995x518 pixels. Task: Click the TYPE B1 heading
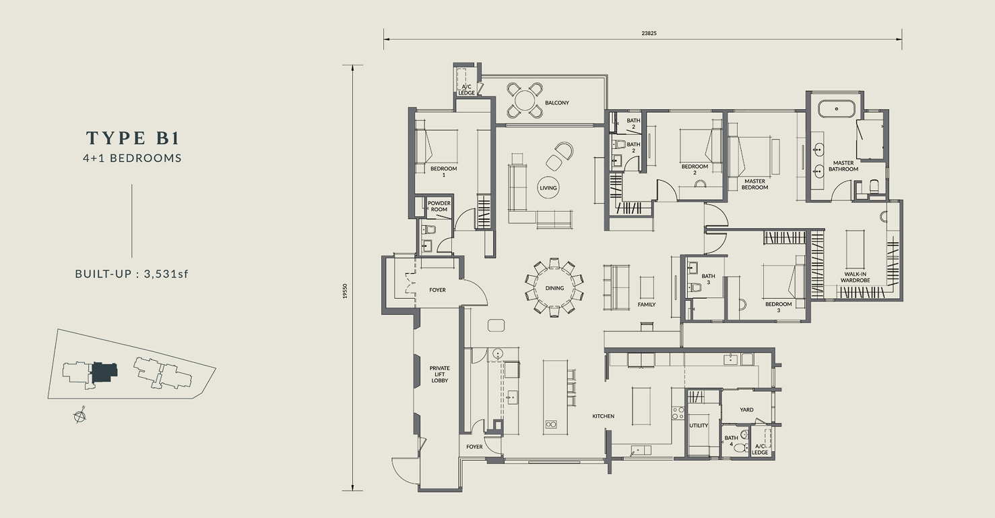point(133,138)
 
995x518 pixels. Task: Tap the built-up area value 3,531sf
point(166,274)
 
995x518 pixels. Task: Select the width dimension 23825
point(649,33)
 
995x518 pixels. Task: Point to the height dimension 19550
point(345,291)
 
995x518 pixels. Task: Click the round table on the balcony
point(525,100)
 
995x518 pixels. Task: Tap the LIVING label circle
point(548,188)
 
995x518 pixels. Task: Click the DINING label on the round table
point(554,288)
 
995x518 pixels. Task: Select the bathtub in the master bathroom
point(837,109)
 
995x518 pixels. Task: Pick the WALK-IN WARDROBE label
point(855,277)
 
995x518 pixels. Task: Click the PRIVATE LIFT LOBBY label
point(439,374)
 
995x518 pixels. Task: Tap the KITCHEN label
point(603,416)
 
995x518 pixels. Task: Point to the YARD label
point(746,410)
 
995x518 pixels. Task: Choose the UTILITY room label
point(699,426)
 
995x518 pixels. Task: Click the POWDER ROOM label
point(439,206)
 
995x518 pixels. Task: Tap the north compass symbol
point(79,416)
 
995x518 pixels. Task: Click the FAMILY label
point(647,305)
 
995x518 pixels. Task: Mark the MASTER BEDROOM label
point(755,184)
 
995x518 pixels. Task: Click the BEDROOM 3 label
point(779,308)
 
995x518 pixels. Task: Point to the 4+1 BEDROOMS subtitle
point(132,159)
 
